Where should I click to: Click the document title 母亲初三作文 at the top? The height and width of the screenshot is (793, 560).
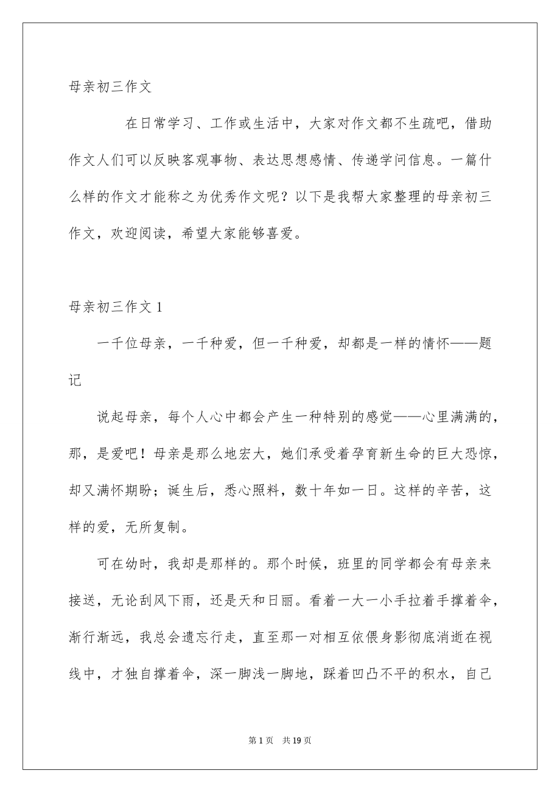click(x=110, y=87)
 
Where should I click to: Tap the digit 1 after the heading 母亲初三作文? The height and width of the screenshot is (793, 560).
click(x=159, y=308)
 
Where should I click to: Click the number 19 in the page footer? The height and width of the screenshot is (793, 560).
click(x=298, y=741)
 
